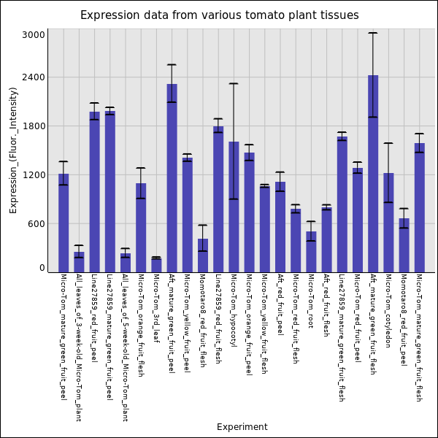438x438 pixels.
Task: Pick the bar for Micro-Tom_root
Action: coord(311,252)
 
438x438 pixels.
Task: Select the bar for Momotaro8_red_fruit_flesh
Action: coord(203,255)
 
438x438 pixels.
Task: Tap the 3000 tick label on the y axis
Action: coord(34,35)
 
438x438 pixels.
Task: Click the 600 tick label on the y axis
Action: coord(36,224)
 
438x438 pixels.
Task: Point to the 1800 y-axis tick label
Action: coord(34,126)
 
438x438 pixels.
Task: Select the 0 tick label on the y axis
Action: coord(42,269)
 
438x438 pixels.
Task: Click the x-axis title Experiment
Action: coord(242,427)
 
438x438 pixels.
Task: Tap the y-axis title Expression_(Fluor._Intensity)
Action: coord(13,150)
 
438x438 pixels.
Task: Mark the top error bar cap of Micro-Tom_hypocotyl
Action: coord(234,84)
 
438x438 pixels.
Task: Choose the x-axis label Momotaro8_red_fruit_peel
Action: coord(404,320)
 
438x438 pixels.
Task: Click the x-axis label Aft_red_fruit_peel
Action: coord(280,304)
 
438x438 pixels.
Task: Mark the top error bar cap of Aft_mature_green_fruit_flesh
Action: coord(373,33)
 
